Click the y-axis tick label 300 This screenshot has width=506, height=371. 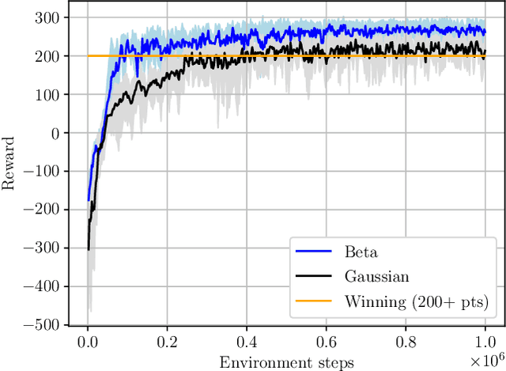click(x=48, y=17)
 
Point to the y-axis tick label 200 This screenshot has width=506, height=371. click(x=48, y=56)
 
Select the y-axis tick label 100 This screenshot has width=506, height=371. click(x=48, y=94)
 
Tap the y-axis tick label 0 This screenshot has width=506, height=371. click(x=55, y=133)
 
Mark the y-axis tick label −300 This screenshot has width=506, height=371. click(x=43, y=248)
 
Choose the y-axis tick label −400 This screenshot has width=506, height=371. click(x=43, y=286)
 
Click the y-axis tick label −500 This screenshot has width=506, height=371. click(x=43, y=324)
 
